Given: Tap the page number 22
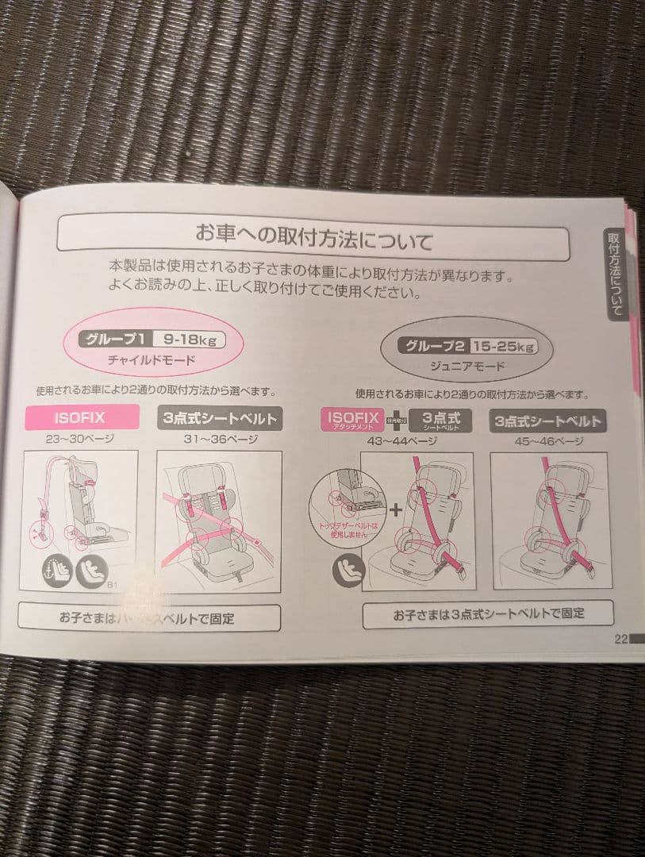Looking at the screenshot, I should pos(620,639).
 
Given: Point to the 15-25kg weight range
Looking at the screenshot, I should pos(502,346).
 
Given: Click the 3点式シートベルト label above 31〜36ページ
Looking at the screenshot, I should pos(218,417).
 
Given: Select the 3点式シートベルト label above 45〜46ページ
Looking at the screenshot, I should pos(547,421).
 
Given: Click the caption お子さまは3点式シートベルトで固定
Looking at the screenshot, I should pos(488,613).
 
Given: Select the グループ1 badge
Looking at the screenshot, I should pos(115,340).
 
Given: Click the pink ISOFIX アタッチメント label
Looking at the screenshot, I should pos(351,421).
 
